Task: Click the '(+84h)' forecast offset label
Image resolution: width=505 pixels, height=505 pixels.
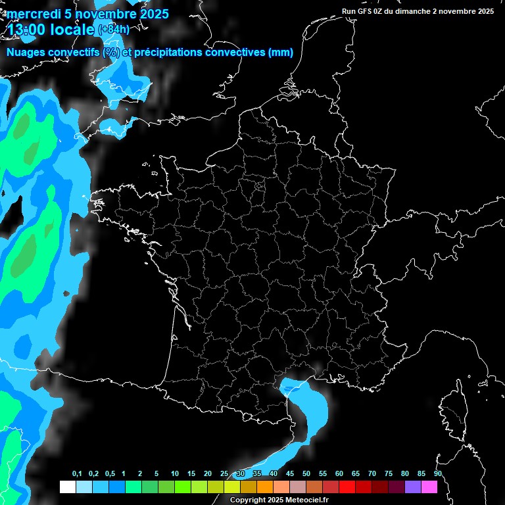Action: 113,29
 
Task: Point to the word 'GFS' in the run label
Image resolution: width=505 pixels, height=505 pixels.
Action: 365,11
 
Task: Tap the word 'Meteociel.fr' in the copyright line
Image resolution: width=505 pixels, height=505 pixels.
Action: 305,500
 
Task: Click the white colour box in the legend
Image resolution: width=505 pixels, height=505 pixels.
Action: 67,487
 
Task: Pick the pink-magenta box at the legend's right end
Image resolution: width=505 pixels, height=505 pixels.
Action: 429,487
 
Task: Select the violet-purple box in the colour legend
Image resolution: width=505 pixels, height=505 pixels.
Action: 413,487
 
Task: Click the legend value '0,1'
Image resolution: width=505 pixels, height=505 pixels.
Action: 77,474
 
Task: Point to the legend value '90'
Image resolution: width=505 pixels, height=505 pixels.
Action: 438,474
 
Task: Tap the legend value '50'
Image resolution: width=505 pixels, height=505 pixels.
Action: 306,474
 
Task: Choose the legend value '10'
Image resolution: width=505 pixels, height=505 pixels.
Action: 175,474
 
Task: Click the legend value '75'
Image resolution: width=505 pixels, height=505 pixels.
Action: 389,474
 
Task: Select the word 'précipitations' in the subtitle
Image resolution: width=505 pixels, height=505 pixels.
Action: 167,53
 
